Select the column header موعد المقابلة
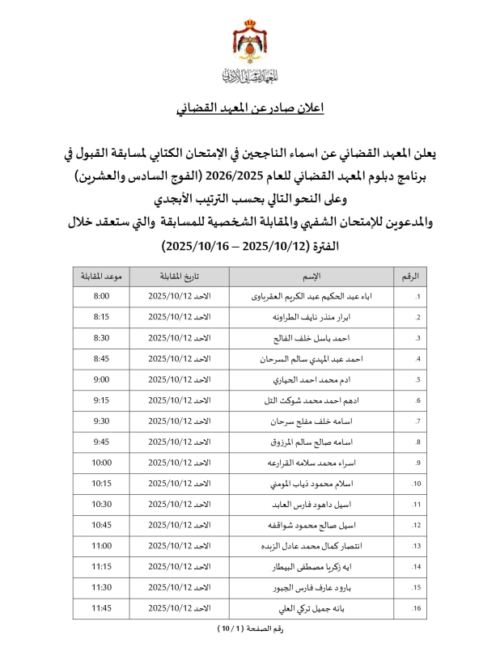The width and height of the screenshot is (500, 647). pyautogui.click(x=102, y=277)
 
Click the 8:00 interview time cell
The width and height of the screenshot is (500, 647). pyautogui.click(x=102, y=297)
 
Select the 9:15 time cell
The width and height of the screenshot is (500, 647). pyautogui.click(x=102, y=400)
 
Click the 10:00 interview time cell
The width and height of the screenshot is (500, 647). pyautogui.click(x=102, y=463)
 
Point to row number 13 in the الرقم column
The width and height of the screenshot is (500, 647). pyautogui.click(x=417, y=546)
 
